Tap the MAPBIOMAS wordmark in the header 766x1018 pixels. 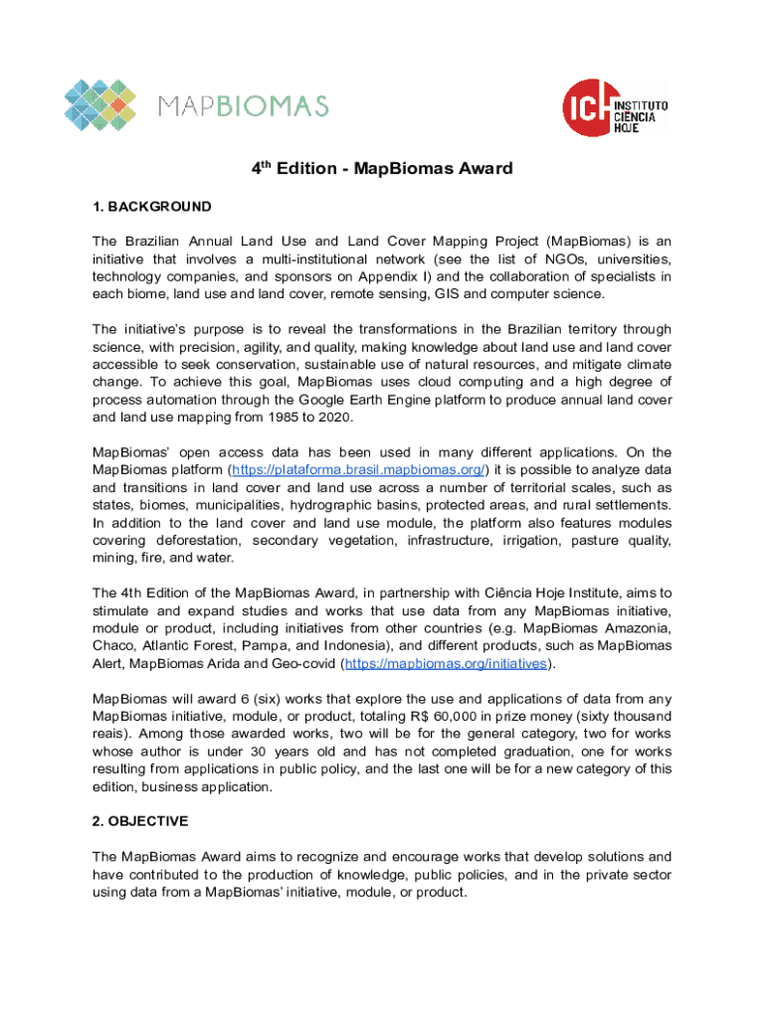[x=244, y=105]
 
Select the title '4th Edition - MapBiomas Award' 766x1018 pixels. [x=381, y=168]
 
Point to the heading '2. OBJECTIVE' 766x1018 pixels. [x=140, y=822]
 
